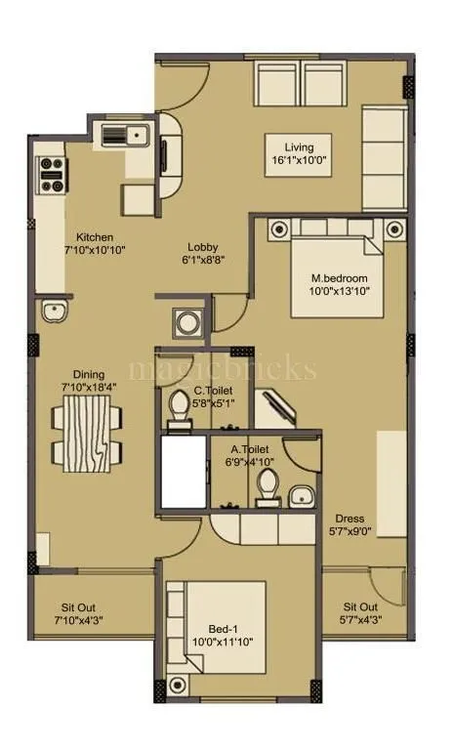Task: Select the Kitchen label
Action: coord(95,237)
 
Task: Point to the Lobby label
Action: coord(203,248)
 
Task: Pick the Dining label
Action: coord(89,374)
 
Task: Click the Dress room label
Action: coord(350,519)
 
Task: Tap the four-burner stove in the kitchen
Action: coord(50,174)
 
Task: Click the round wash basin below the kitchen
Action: coord(52,312)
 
